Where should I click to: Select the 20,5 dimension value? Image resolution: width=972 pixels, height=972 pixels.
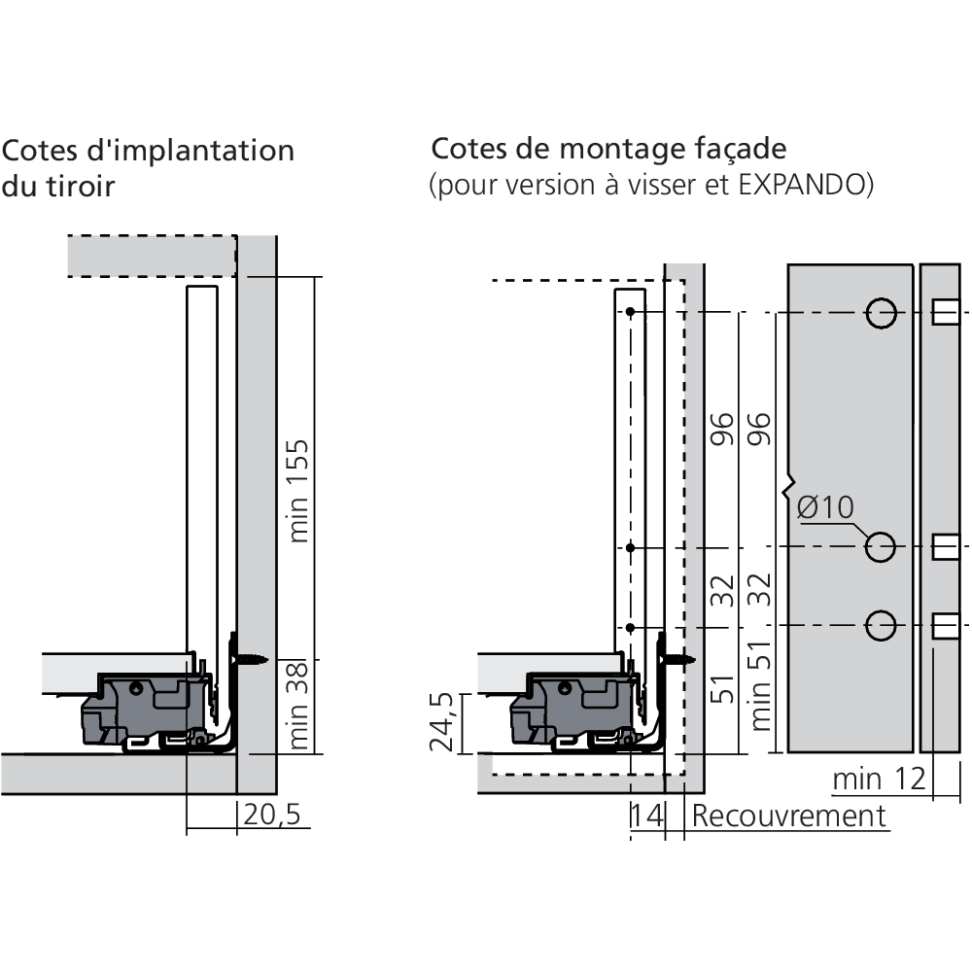[x=271, y=815]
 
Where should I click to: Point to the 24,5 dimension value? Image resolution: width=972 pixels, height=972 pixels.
[x=443, y=724]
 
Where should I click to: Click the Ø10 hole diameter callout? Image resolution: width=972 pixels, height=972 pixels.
[x=824, y=507]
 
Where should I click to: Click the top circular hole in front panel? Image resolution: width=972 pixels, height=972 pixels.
[x=881, y=312]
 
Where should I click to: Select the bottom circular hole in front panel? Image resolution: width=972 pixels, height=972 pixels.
[x=881, y=624]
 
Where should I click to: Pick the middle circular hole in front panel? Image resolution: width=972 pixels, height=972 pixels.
[x=881, y=547]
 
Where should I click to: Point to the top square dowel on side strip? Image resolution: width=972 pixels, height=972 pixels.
[x=944, y=312]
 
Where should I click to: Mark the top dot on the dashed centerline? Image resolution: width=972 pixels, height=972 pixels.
[x=631, y=312]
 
